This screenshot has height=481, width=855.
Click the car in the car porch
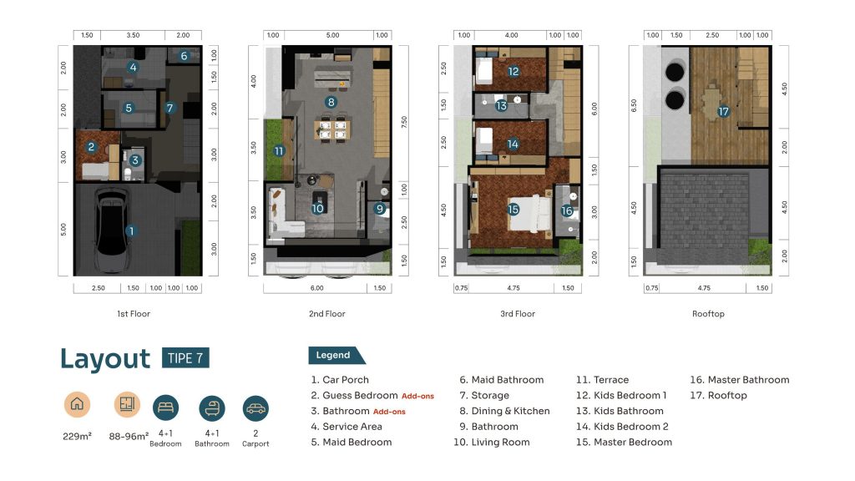112,230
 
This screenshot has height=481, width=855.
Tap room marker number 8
331,102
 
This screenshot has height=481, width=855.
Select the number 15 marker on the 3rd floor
514,210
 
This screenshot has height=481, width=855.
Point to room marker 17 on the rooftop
723,111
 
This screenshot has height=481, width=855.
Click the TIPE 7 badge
185,357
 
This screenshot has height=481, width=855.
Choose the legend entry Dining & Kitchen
504,411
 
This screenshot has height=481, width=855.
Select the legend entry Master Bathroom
740,380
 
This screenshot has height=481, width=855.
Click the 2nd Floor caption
327,314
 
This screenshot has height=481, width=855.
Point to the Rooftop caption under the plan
708,314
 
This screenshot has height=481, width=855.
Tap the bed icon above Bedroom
166,408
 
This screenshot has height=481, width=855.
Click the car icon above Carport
255,408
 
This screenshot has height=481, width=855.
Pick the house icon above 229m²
77,404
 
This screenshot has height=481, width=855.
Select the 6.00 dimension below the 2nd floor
316,288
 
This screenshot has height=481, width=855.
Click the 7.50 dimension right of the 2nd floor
404,122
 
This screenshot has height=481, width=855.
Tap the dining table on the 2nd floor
332,129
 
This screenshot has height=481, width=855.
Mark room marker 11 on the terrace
279,150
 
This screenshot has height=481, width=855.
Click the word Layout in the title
105,359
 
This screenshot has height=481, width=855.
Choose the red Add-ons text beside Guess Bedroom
417,397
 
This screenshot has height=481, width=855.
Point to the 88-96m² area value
129,436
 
